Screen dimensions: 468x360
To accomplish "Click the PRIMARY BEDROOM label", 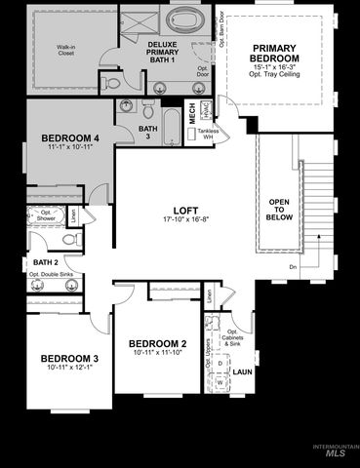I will (x=280, y=54).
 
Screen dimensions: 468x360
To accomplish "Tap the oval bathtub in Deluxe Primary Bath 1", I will (x=184, y=19).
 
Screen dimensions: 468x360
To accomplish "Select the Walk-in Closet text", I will (x=66, y=50).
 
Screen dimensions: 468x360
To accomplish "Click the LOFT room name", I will (x=185, y=210).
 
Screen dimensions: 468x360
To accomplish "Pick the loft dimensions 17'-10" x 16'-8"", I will (x=185, y=220).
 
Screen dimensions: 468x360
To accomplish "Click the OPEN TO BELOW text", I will (x=279, y=211).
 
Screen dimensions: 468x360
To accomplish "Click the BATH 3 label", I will (x=147, y=132).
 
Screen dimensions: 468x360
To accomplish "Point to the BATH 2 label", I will (x=45, y=262).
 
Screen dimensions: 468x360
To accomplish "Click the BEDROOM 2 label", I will (x=157, y=344).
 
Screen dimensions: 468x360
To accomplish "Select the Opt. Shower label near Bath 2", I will (x=46, y=216).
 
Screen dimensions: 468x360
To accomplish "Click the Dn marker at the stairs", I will (x=293, y=266).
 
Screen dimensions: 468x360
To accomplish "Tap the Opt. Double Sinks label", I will (x=48, y=275).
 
